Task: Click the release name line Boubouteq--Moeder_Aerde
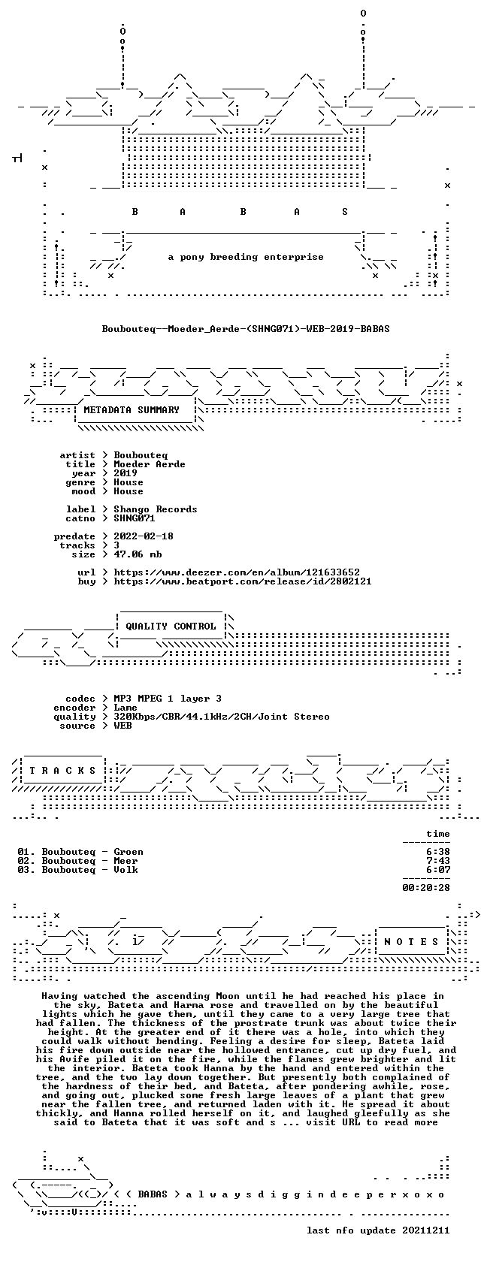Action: pos(246,329)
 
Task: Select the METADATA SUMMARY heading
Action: pos(132,410)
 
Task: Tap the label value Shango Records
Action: pos(156,509)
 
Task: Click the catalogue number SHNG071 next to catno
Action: pos(135,518)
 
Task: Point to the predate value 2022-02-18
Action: pos(144,536)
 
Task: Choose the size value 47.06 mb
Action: pos(138,554)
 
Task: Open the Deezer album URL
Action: pos(237,572)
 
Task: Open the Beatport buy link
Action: pos(243,581)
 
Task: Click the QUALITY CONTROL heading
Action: pos(171,626)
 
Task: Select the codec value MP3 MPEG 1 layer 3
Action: pos(168,699)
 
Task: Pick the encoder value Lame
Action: pos(126,708)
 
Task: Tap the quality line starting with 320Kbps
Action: pos(222,717)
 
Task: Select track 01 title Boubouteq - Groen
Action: pos(92,852)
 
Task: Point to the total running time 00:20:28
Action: pos(426,888)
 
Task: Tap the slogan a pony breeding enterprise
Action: pos(246,257)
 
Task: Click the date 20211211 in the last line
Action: pos(426,1230)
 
